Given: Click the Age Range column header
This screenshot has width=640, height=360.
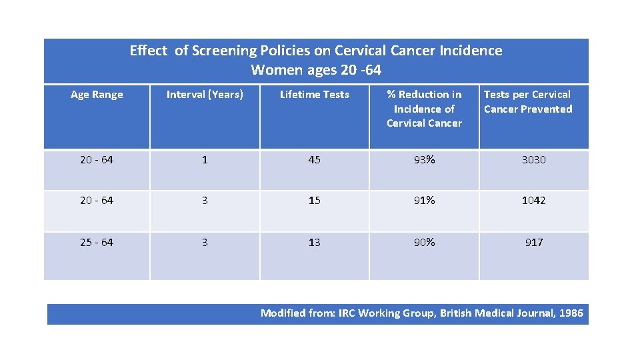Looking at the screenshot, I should pos(97,95).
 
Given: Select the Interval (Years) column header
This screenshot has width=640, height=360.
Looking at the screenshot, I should pos(205,95).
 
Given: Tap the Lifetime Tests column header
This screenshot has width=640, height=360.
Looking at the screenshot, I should pos(314,95).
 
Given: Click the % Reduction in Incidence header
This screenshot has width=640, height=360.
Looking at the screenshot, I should pos(424,109).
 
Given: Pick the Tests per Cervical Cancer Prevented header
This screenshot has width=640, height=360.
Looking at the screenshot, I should pos(527,102).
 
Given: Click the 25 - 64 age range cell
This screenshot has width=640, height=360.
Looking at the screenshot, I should pos(97,243).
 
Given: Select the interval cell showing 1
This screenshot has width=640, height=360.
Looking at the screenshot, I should pos(205,160).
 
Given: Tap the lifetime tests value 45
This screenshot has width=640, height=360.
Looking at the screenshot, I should pos(314,160).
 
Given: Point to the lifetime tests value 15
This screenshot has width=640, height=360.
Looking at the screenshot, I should pos(314,201).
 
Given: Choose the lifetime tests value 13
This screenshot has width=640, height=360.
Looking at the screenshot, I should pos(314,243).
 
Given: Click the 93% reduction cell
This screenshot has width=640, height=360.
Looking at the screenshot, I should pos(424,160).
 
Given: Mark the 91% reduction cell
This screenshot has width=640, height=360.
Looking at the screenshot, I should pos(424,201).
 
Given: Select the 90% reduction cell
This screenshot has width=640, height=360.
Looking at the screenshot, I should pos(424,243).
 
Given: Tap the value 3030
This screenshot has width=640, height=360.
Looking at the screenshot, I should pos(533,160).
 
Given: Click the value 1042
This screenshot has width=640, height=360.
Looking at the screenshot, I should pos(533,201).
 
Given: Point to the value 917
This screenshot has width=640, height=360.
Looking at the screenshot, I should pos(533,243).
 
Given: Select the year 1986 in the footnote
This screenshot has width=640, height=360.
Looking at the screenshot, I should pos(571,313).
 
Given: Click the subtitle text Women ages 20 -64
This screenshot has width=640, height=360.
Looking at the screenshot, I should pos(316,70).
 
